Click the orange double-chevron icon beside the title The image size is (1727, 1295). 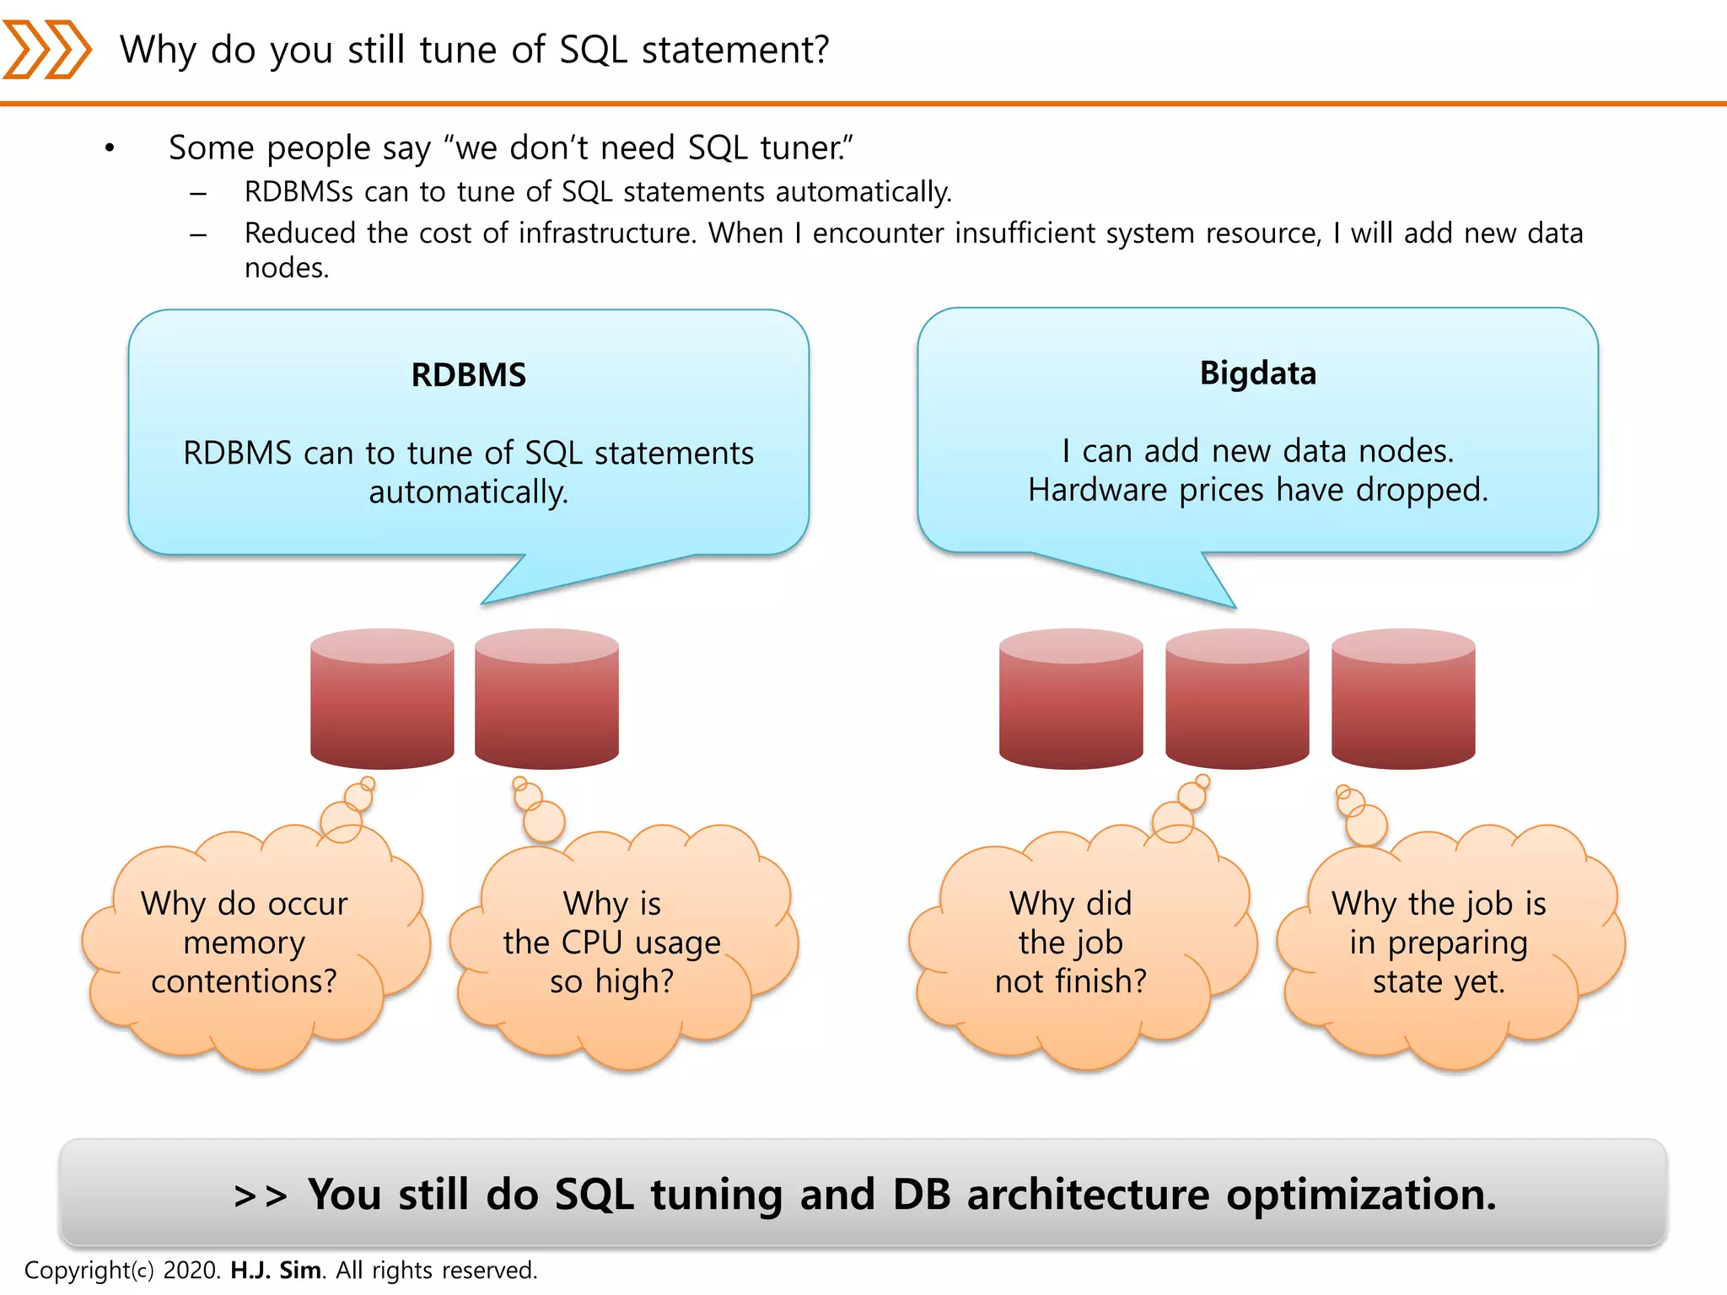pyautogui.click(x=46, y=50)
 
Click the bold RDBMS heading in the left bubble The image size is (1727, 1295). pyautogui.click(x=468, y=375)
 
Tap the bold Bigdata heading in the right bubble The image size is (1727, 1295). pyautogui.click(x=1257, y=373)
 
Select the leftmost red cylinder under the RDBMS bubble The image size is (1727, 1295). pyautogui.click(x=382, y=700)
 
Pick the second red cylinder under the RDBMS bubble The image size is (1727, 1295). pyautogui.click(x=546, y=700)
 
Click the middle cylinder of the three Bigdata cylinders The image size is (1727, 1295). pyautogui.click(x=1237, y=700)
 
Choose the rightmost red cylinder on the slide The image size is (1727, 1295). pyautogui.click(x=1403, y=700)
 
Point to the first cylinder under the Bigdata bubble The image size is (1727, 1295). pyautogui.click(x=1071, y=700)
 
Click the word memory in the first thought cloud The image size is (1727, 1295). pyautogui.click(x=244, y=943)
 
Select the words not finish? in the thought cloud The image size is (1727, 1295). pyautogui.click(x=1071, y=982)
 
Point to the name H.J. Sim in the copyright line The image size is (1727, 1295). pyautogui.click(x=276, y=1270)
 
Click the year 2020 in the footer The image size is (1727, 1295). pyautogui.click(x=191, y=1270)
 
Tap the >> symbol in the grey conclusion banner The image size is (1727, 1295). pyautogui.click(x=261, y=1196)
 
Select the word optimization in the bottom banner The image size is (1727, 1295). pyautogui.click(x=1361, y=1196)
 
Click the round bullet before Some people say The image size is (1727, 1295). pyautogui.click(x=110, y=149)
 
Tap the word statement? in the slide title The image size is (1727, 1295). pyautogui.click(x=735, y=50)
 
